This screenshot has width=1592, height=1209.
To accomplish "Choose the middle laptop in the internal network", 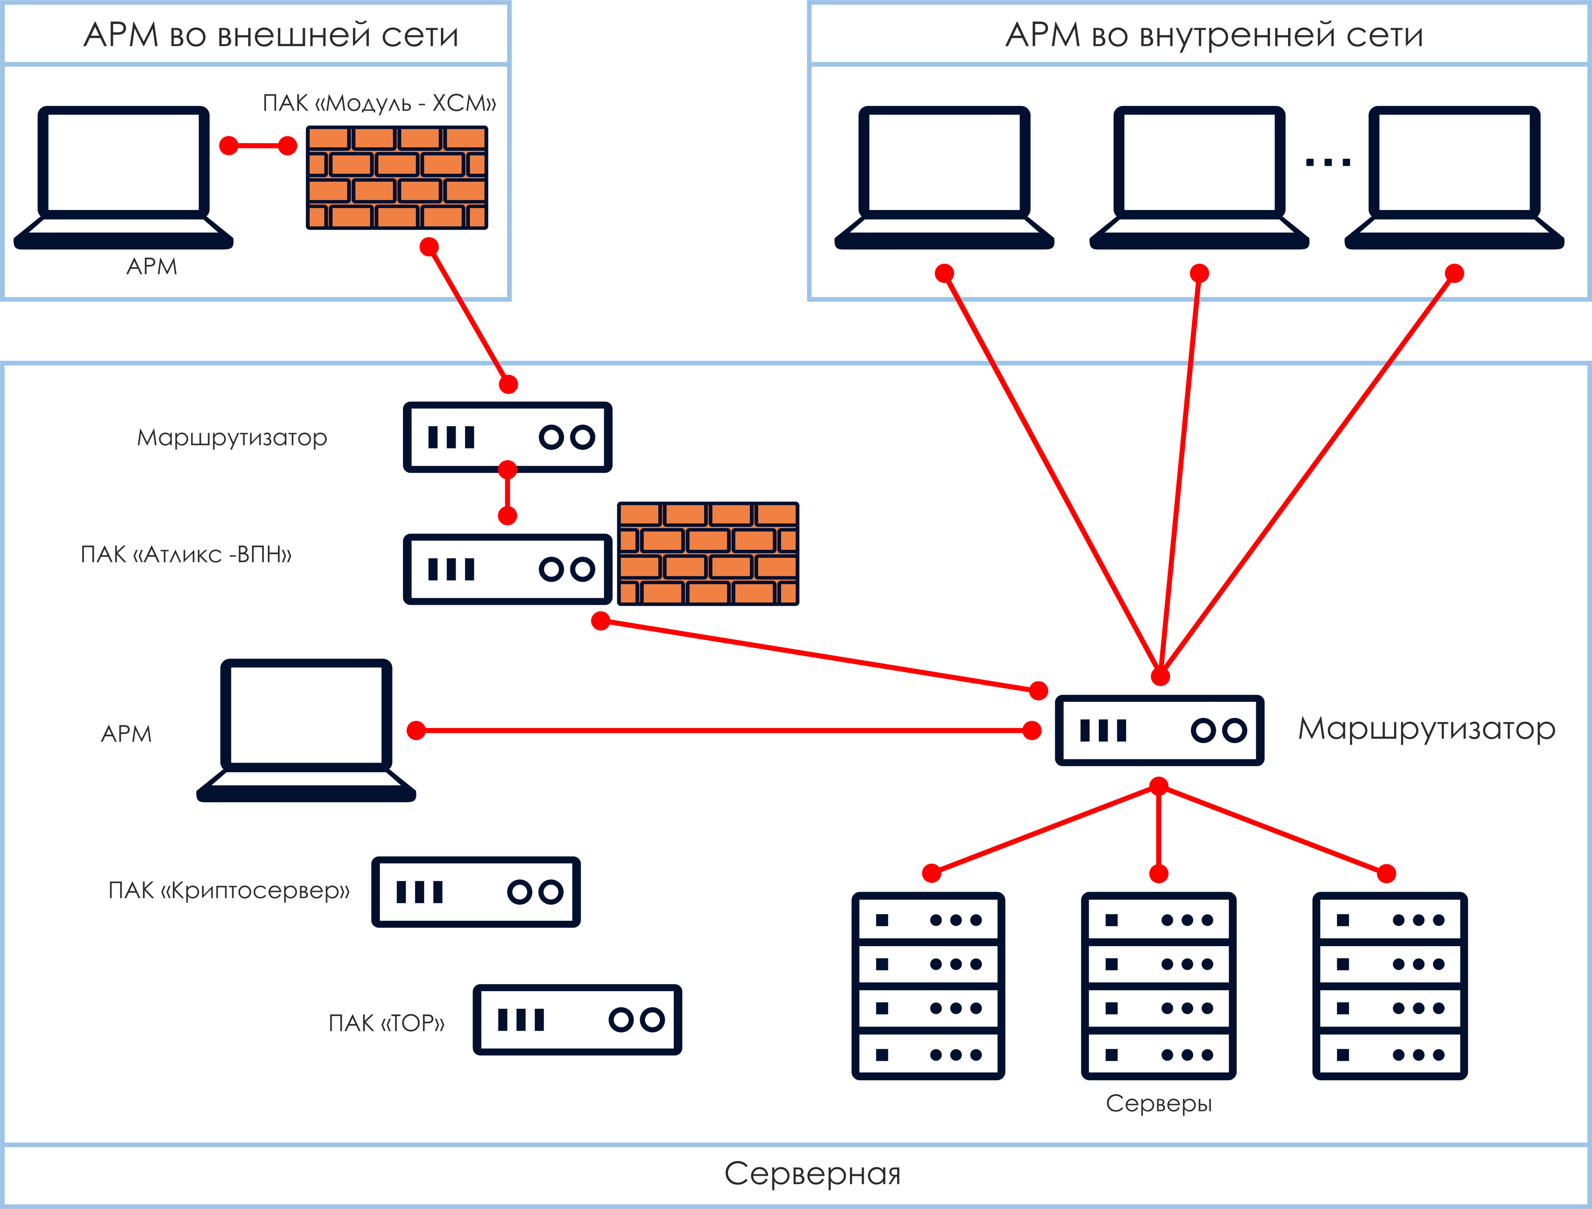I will point(1198,180).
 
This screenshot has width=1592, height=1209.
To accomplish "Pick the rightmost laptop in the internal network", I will point(1454,180).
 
